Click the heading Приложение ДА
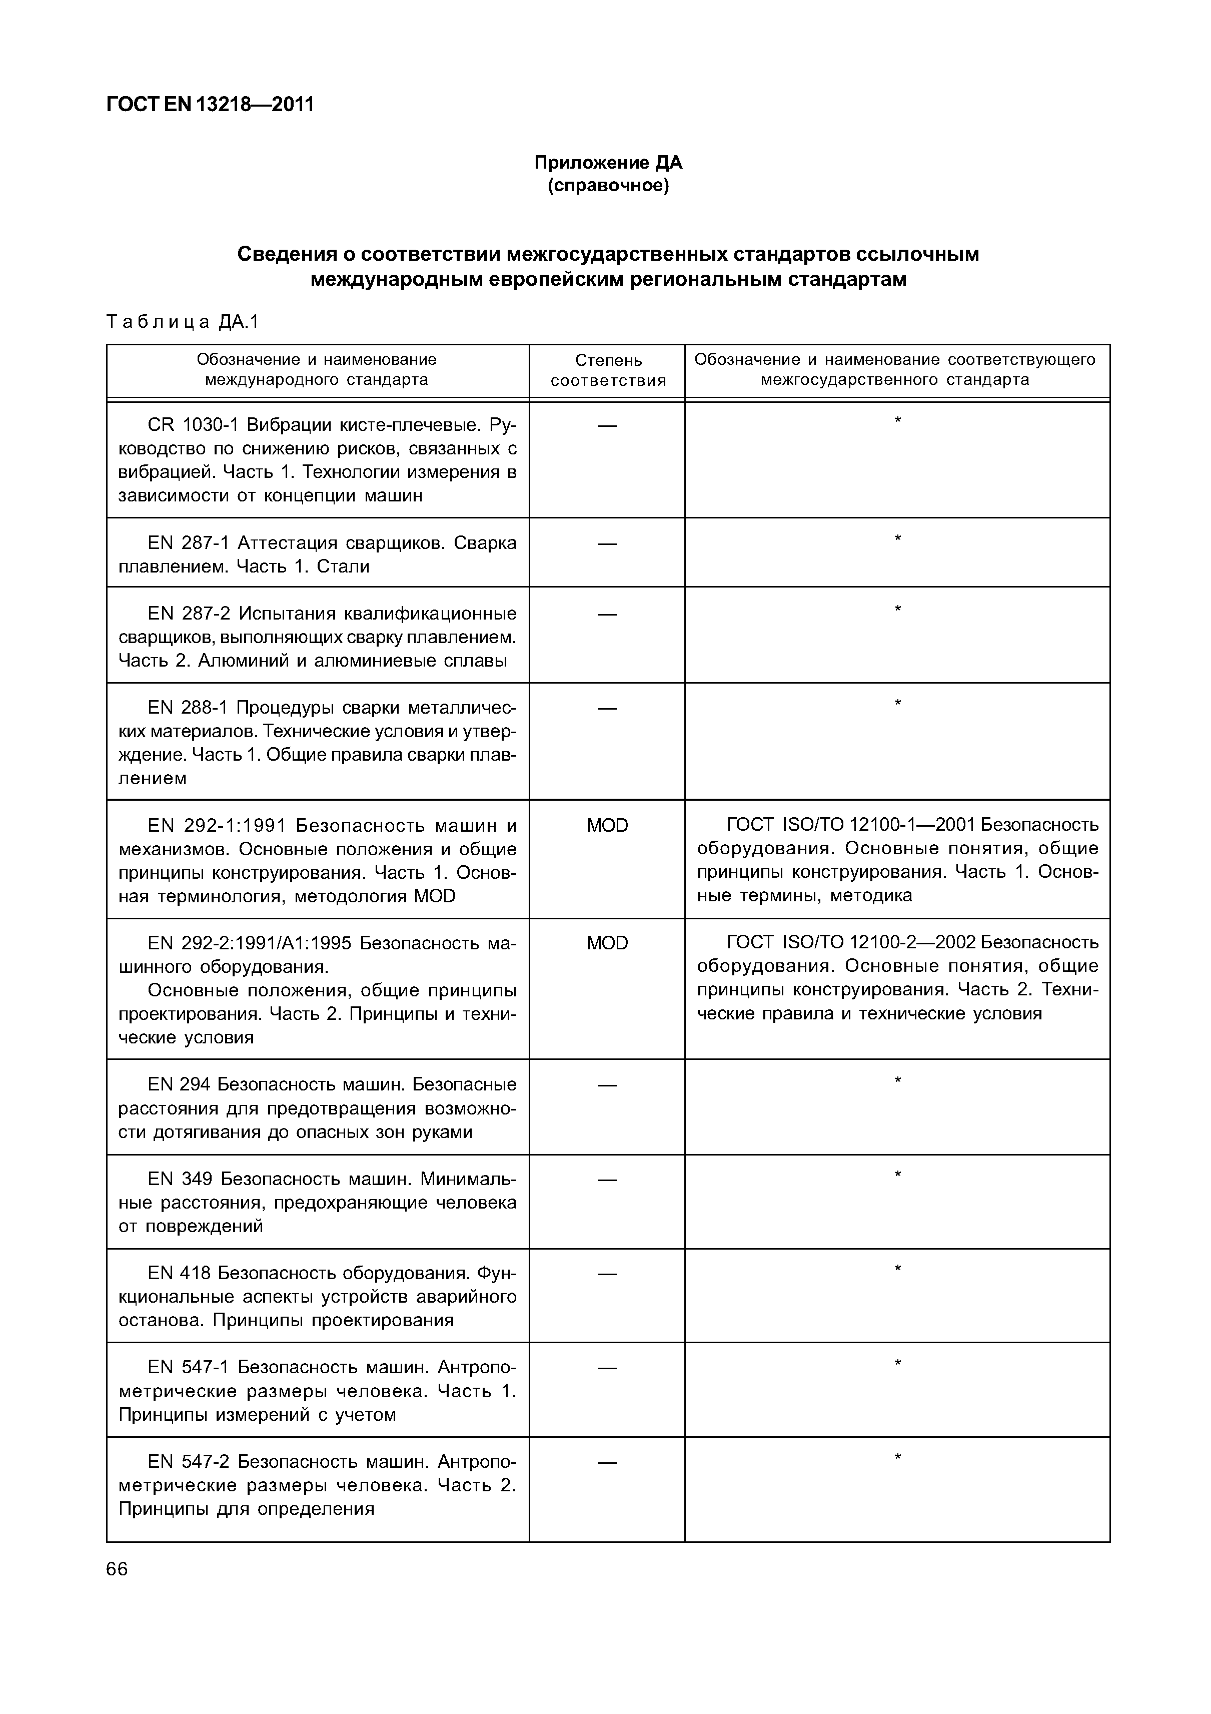pos(608,162)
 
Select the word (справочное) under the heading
pos(608,185)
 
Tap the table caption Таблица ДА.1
pos(182,322)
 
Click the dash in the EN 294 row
pos(607,1084)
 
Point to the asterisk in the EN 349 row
pos(897,1176)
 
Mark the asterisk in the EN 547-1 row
pos(897,1364)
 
